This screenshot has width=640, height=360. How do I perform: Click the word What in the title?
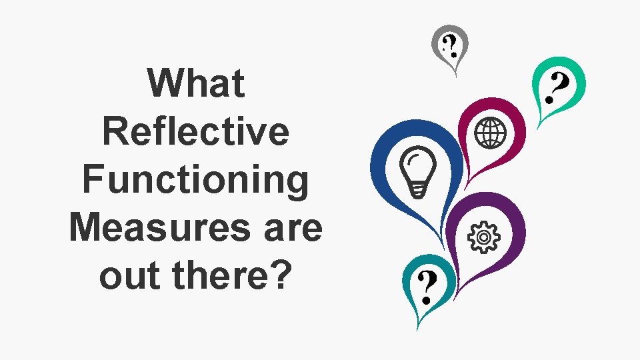click(196, 84)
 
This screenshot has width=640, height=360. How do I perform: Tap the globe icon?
click(491, 132)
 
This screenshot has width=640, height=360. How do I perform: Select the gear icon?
click(485, 236)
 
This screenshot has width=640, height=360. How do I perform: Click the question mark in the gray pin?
click(451, 45)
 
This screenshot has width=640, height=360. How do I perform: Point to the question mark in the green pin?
click(557, 88)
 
